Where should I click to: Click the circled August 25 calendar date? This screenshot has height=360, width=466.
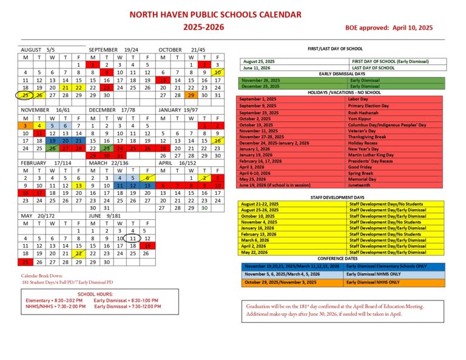(x=25, y=95)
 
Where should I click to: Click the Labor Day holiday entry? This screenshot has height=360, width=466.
(x=359, y=98)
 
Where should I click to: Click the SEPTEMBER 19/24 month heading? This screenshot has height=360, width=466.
(x=113, y=49)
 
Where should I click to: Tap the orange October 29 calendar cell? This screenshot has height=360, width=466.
(x=191, y=95)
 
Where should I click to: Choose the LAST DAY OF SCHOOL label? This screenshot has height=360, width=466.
(x=370, y=67)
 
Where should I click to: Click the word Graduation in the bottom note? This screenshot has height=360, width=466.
(x=261, y=307)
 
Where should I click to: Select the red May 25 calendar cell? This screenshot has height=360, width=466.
(x=25, y=262)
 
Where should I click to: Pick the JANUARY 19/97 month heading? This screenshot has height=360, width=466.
(x=178, y=110)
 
